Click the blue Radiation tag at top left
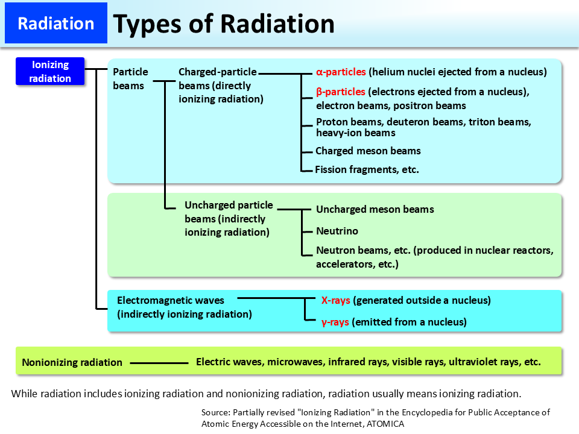tap(55, 24)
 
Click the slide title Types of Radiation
tap(224, 24)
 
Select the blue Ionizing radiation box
tap(51, 72)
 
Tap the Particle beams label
tap(130, 78)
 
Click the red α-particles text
tap(341, 72)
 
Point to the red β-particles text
tap(341, 92)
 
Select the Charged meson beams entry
tap(368, 151)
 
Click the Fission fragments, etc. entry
tap(367, 169)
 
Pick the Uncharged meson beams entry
tap(375, 209)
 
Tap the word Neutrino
tap(337, 231)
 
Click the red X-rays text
tap(336, 300)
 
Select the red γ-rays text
tap(335, 322)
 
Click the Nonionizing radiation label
tap(72, 362)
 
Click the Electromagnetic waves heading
tap(170, 300)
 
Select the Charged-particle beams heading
tap(217, 72)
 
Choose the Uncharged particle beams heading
tap(229, 206)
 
